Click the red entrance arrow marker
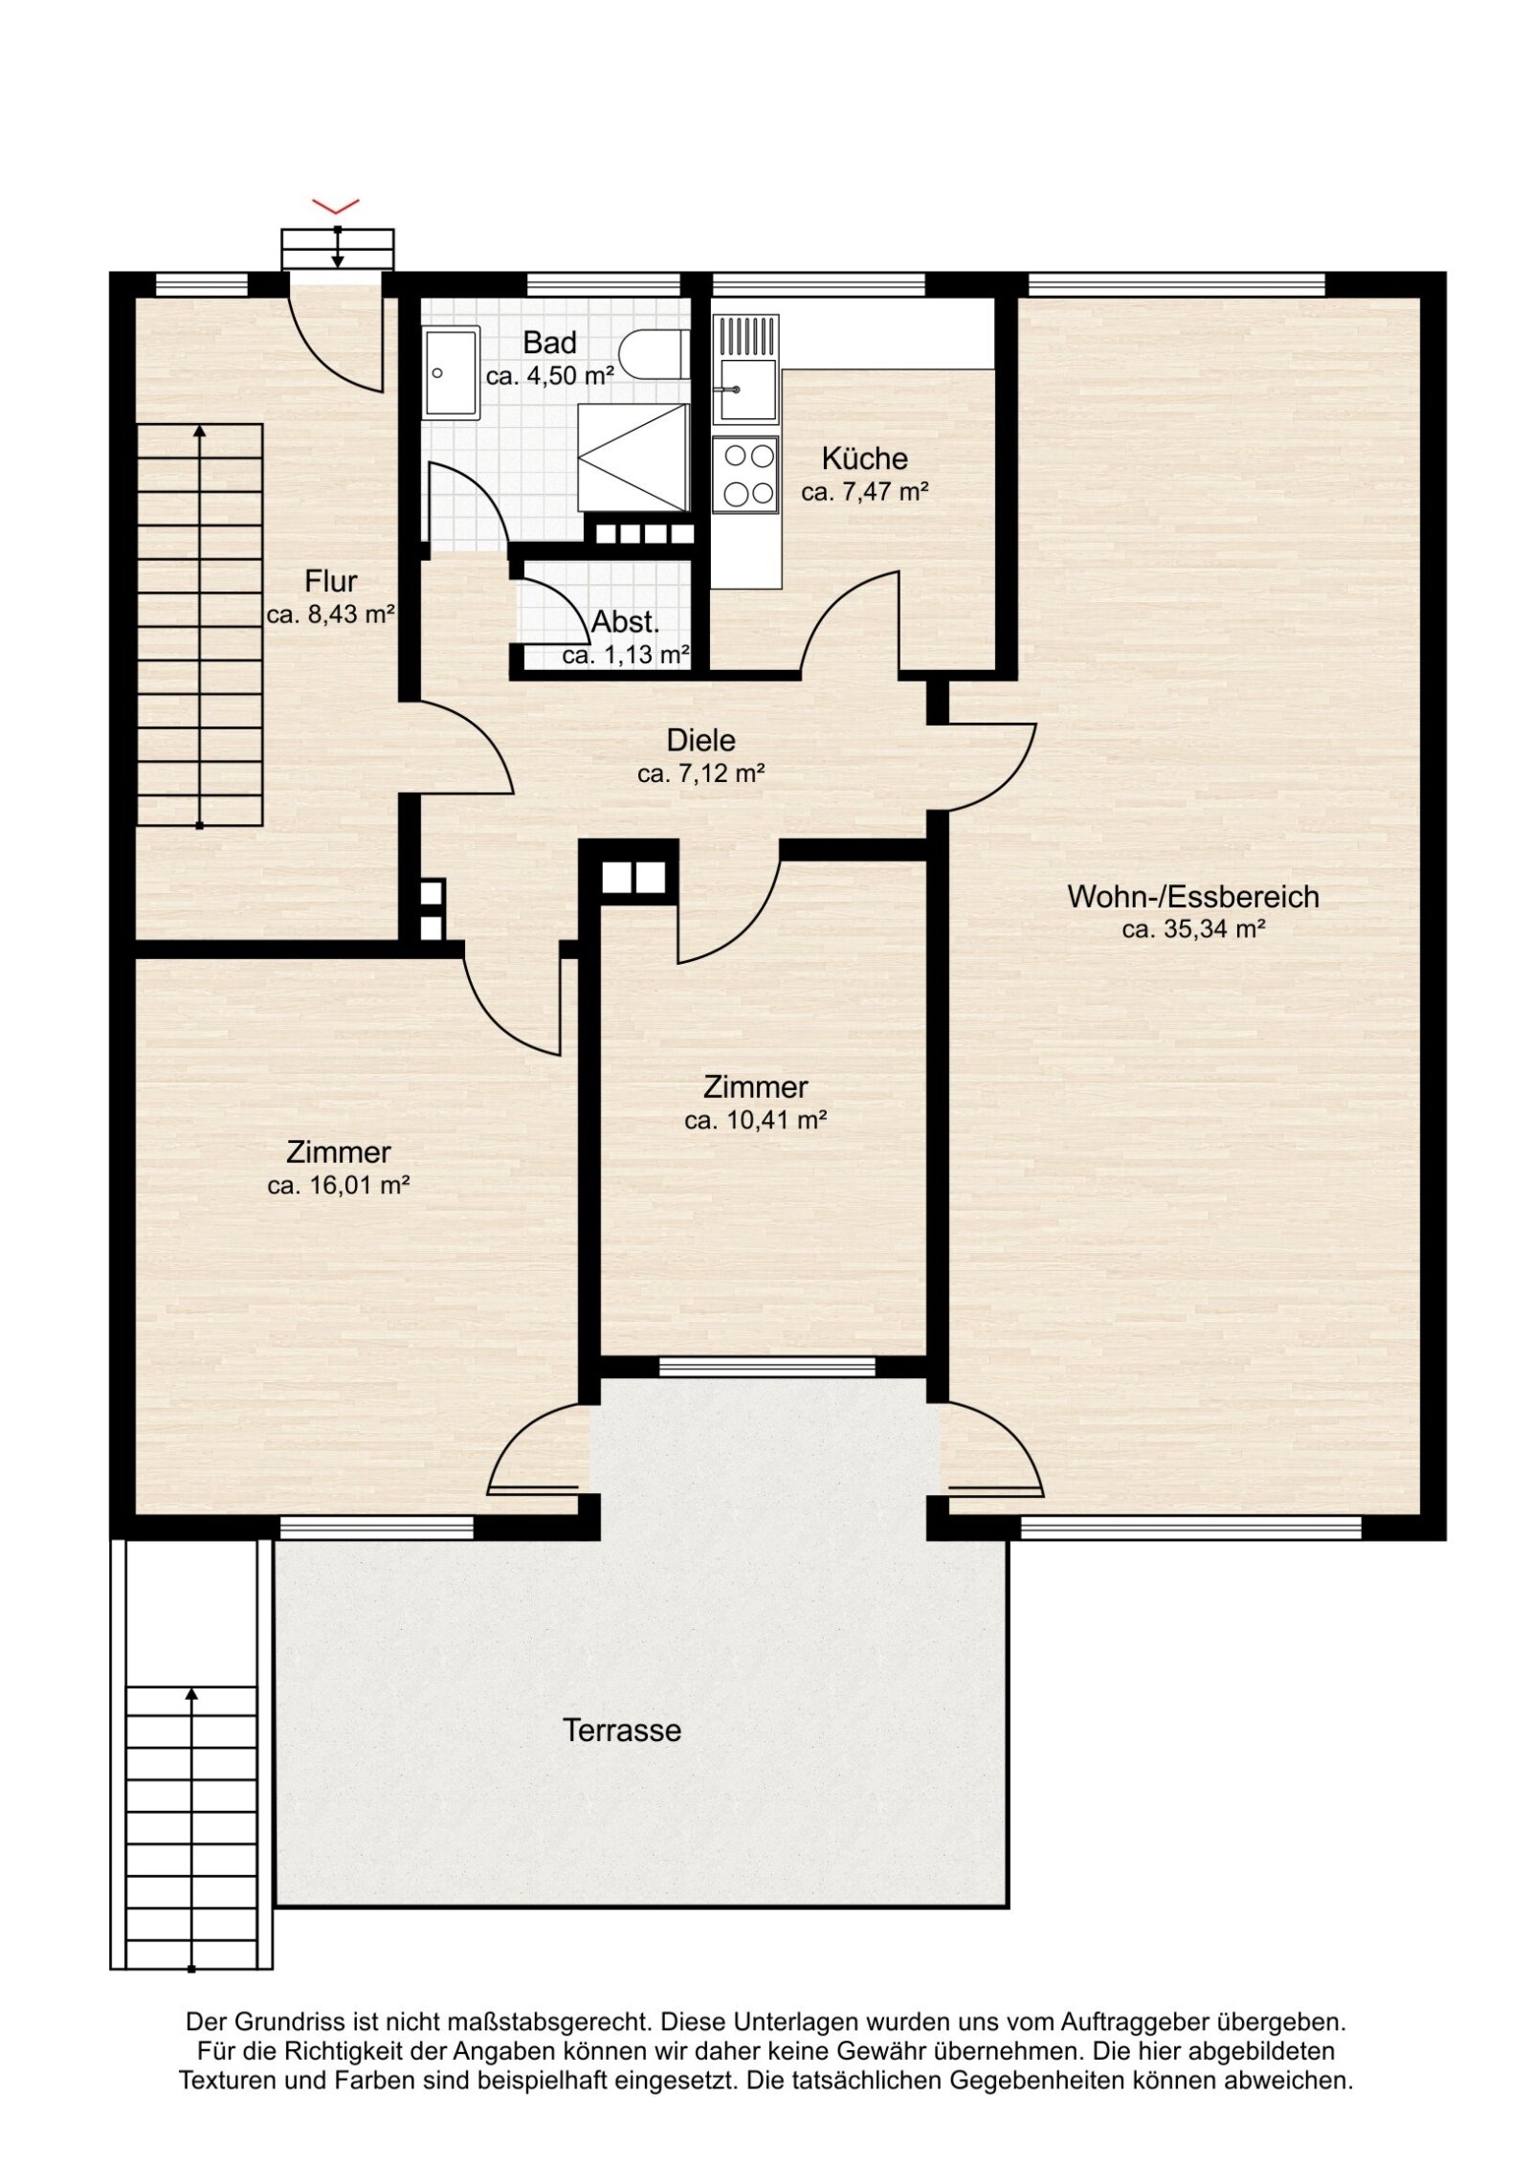[x=335, y=205]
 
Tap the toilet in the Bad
[x=654, y=353]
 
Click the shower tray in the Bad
[x=632, y=457]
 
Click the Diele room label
[x=700, y=740]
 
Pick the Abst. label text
[x=625, y=622]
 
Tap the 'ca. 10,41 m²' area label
[x=755, y=1120]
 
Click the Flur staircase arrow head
[x=199, y=433]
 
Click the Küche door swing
[x=847, y=622]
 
